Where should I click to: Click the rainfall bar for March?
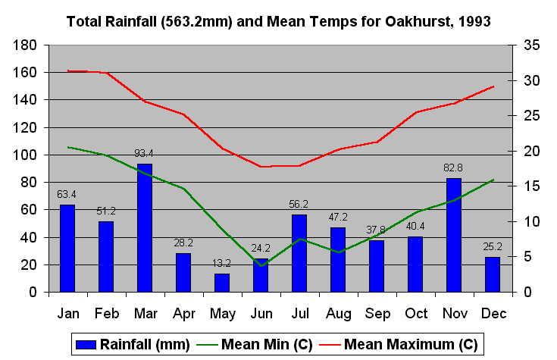[144, 227]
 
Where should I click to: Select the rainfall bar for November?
[453, 235]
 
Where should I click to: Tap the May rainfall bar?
[221, 283]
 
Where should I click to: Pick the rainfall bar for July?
[299, 253]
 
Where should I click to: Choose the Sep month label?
[376, 312]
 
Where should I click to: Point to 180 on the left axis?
[26, 45]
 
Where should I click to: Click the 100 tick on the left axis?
[26, 155]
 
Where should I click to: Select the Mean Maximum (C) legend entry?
[402, 344]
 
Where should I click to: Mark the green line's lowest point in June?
[261, 266]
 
